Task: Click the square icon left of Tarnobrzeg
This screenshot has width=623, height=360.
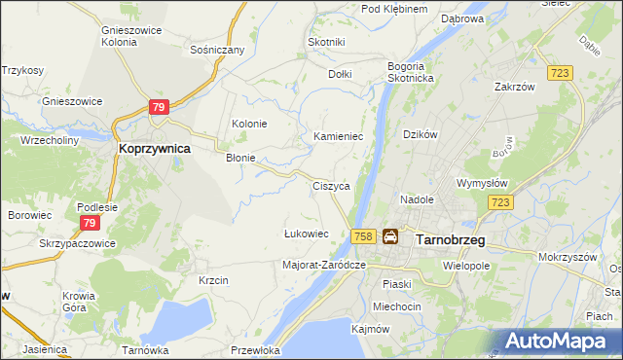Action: point(390,236)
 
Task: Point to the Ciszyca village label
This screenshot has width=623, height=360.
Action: point(330,185)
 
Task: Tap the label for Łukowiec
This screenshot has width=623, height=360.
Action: point(305,234)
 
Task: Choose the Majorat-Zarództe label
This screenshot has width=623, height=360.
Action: point(323,265)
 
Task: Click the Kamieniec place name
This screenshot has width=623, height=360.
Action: point(338,137)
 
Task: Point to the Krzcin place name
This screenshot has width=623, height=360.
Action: point(213,280)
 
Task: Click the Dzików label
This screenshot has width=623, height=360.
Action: point(421,134)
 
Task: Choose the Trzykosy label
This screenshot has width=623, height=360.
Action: point(22,70)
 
